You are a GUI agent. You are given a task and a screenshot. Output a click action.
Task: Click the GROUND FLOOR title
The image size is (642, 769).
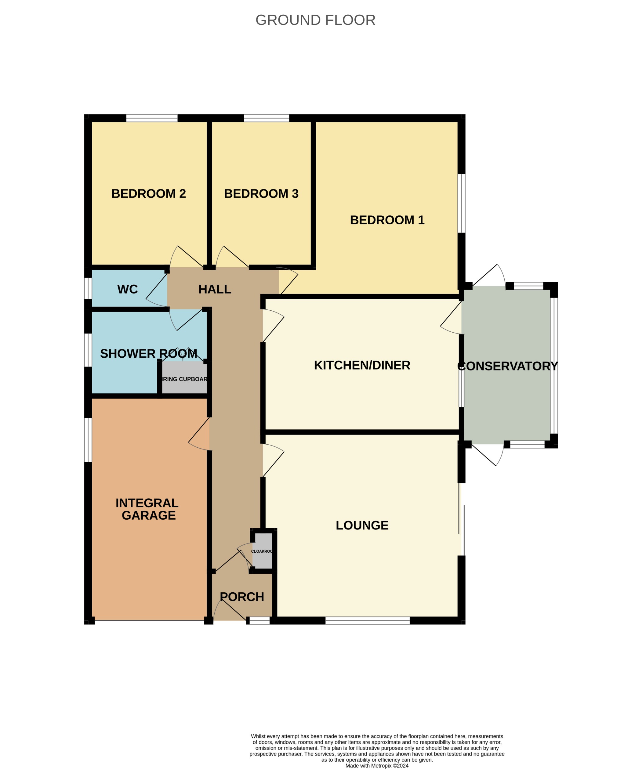315,20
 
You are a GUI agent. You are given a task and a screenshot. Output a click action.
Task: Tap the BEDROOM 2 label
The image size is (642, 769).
148,194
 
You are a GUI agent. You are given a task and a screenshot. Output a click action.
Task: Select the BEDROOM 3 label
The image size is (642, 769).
261,194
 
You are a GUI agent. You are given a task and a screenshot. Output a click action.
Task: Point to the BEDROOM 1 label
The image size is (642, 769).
387,220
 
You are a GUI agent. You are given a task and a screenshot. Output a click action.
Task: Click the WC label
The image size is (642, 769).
128,289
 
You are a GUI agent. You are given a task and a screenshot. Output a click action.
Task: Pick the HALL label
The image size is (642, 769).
215,289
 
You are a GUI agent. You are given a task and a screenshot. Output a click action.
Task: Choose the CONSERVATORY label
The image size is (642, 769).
507,366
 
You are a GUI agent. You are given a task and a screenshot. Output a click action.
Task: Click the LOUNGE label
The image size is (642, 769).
362,525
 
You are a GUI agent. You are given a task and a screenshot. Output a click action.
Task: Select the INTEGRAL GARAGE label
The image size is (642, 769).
148,509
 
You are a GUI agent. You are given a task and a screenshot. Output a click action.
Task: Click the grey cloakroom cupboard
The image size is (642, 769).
262,551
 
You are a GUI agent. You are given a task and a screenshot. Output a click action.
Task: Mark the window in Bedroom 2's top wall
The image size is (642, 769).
152,118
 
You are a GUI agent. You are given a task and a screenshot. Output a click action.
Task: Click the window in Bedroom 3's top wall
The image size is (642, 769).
267,118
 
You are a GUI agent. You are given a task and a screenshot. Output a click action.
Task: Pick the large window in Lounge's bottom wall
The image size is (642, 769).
367,620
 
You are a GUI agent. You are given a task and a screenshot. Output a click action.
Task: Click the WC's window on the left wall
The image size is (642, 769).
88,288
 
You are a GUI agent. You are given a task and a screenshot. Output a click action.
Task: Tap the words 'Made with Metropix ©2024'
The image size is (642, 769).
377,765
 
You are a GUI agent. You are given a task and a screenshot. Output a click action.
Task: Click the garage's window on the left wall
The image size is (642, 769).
88,440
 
